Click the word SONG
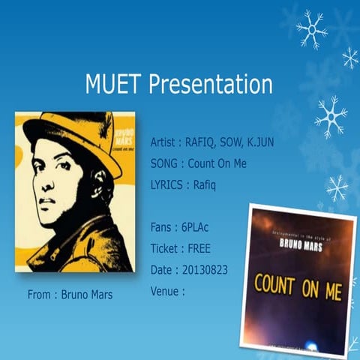point(163,163)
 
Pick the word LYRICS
point(166,184)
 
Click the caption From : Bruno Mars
point(70,295)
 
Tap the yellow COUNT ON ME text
point(298,286)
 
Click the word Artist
point(165,142)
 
